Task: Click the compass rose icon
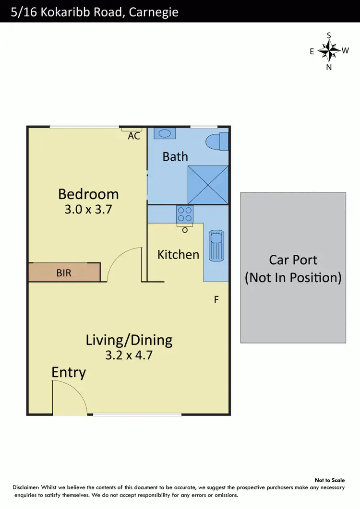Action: pos(329,50)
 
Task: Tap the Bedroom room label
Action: pos(88,194)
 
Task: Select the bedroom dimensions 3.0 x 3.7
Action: pos(88,209)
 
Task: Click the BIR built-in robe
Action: pos(64,272)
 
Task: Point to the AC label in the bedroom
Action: pos(134,136)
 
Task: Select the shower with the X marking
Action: pos(208,185)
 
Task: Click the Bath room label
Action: pos(175,156)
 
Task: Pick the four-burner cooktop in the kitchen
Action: pos(185,214)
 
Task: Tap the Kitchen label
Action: pos(178,254)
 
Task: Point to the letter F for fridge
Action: pos(216,300)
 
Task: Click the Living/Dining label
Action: pos(129,340)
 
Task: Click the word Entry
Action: pos(69,372)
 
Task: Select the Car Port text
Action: pos(293,260)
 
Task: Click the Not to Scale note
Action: pos(329,480)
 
